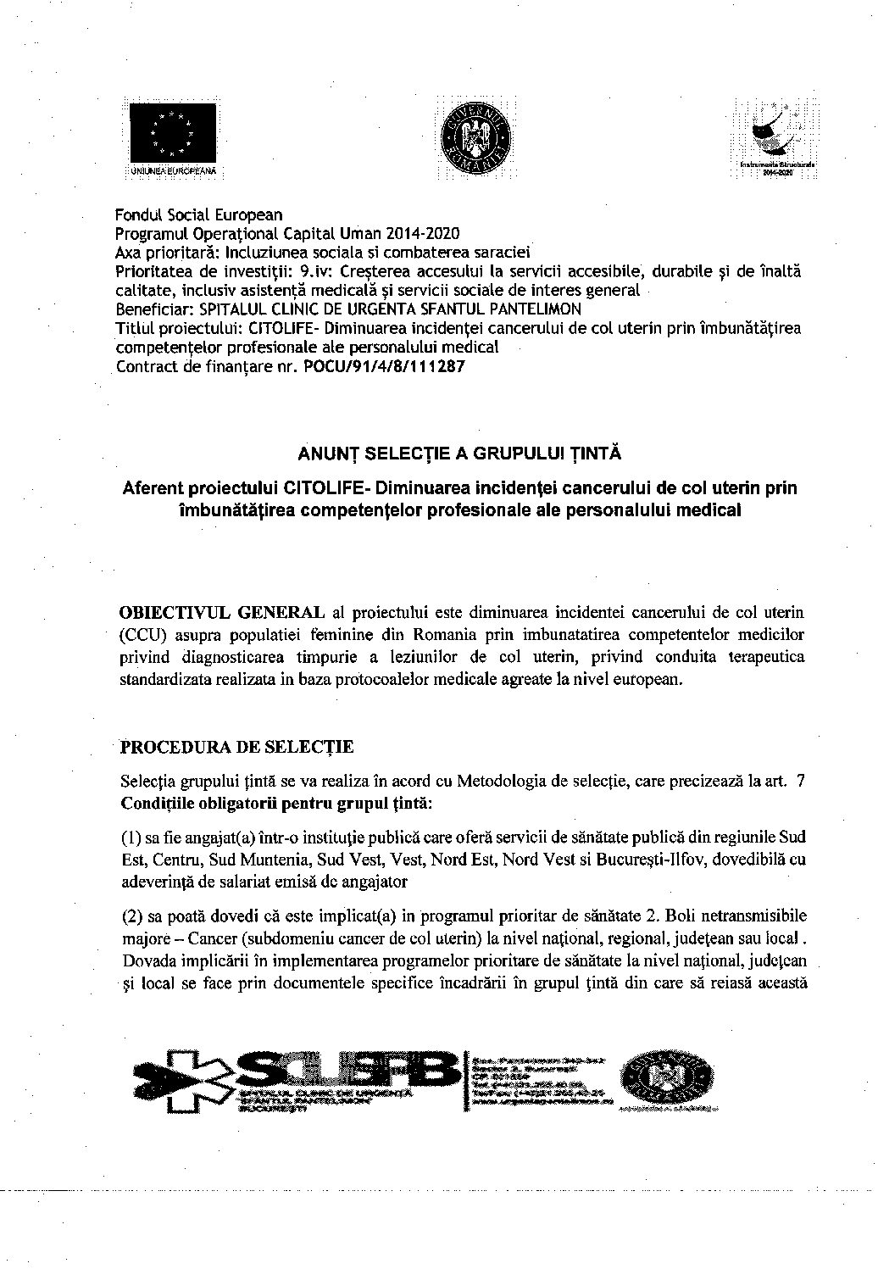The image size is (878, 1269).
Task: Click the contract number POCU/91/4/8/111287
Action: pyautogui.click(x=383, y=368)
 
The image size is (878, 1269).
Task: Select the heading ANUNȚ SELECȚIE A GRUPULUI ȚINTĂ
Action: pyautogui.click(x=459, y=454)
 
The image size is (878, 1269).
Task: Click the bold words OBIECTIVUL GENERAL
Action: pyautogui.click(x=223, y=612)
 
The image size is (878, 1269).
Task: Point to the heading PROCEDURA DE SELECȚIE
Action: pyautogui.click(x=236, y=748)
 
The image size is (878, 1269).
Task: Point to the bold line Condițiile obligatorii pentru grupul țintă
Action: pyautogui.click(x=276, y=802)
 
